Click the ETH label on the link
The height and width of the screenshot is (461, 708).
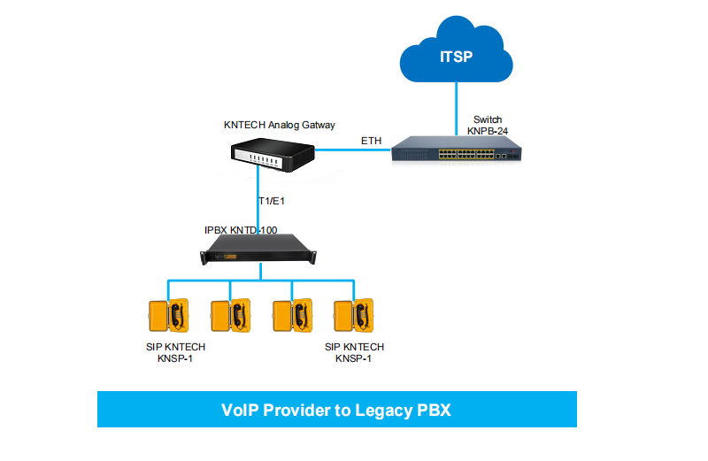tap(371, 142)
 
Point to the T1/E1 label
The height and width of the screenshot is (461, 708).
tap(270, 201)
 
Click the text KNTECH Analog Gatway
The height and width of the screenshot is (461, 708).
tap(280, 125)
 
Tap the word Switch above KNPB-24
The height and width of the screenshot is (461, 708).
tap(489, 119)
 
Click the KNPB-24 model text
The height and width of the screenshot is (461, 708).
tap(488, 131)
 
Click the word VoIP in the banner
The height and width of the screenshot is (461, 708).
tap(241, 410)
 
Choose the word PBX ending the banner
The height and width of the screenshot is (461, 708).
tap(434, 410)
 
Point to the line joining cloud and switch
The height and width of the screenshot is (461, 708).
tap(456, 106)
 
